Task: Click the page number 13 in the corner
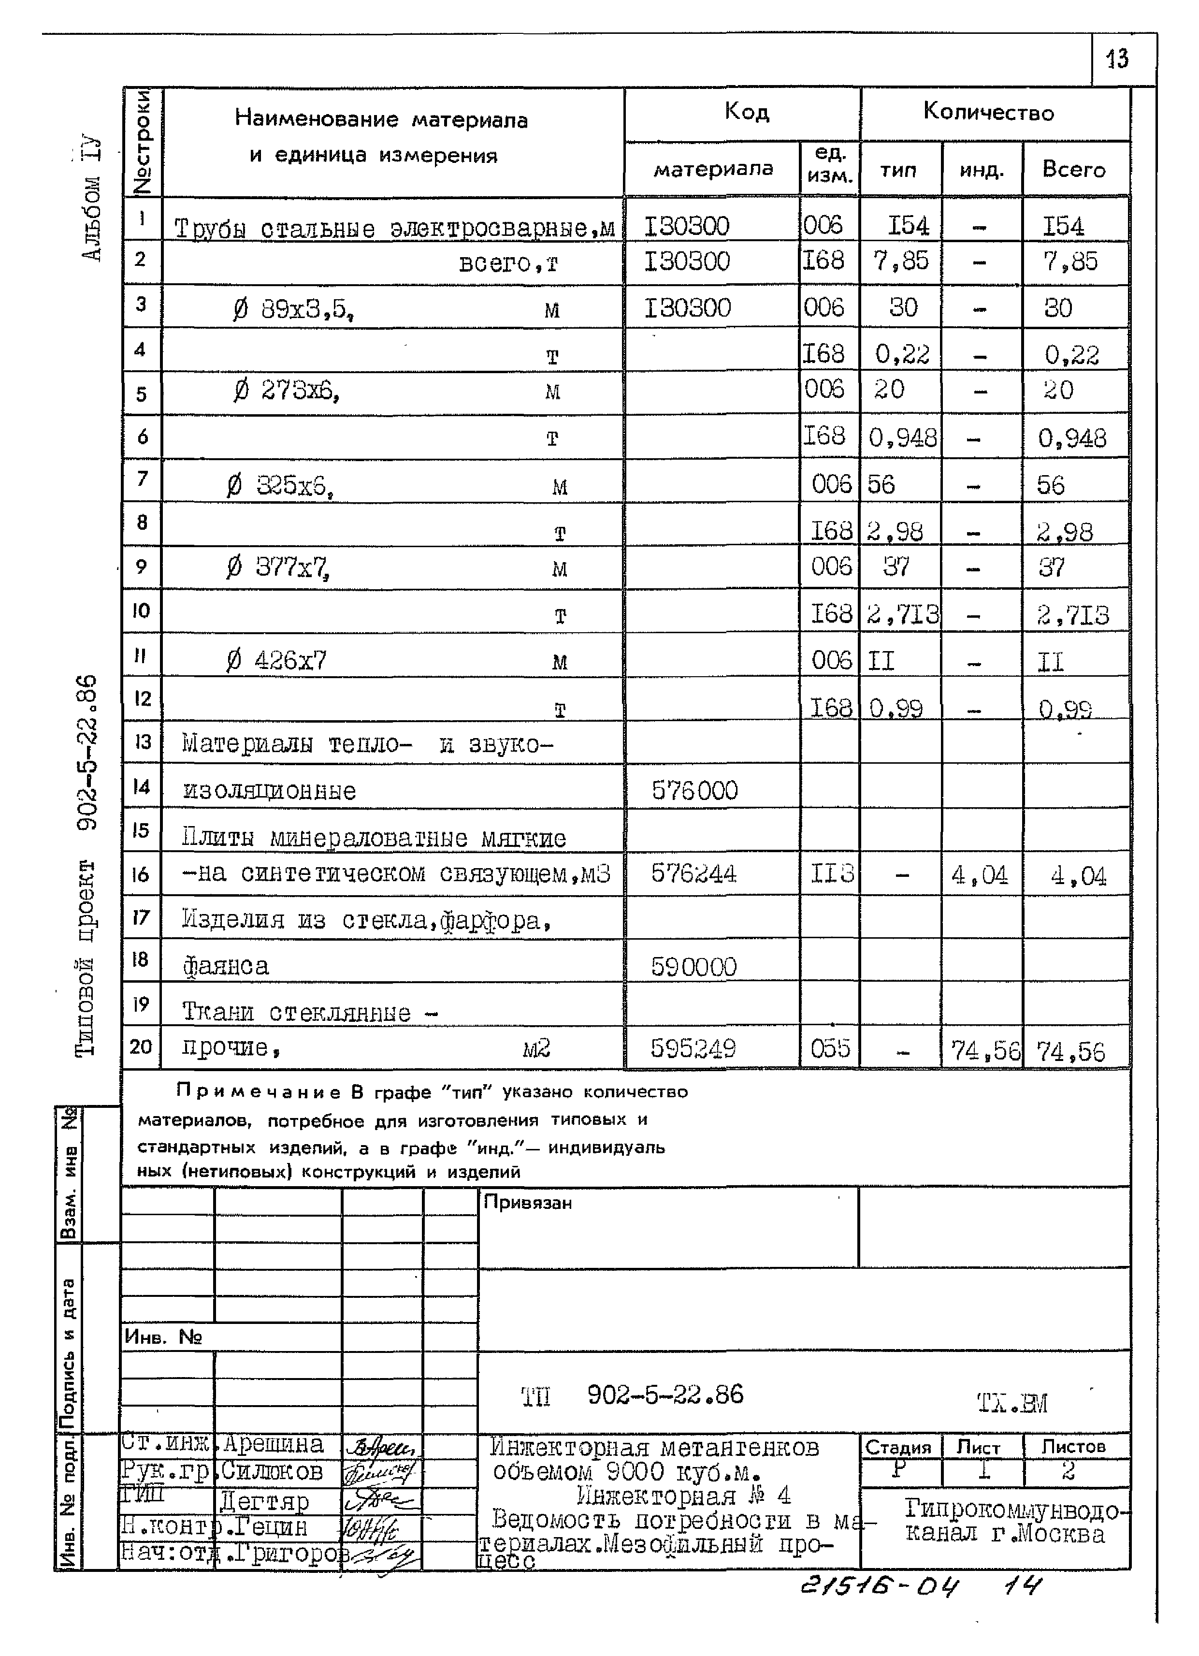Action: pos(1118,58)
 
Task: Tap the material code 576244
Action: pos(693,873)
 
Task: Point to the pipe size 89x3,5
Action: pos(307,309)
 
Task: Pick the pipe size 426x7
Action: pos(290,660)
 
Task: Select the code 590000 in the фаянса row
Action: pos(693,967)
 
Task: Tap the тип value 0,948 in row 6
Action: pos(903,438)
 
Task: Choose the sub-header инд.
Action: pos(982,170)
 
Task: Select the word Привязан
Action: pos(527,1202)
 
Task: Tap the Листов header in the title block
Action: pos(1073,1446)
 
